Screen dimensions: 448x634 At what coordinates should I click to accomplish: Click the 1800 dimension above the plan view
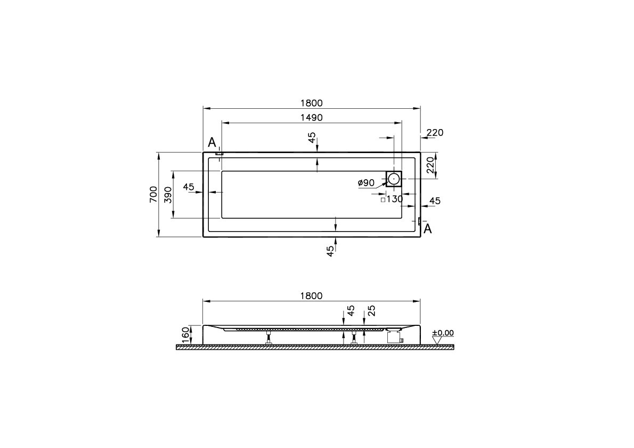312,103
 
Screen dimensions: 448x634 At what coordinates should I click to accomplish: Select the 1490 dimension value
312,117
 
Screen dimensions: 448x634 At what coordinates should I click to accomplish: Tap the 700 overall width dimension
153,194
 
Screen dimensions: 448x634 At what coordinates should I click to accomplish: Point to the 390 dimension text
167,194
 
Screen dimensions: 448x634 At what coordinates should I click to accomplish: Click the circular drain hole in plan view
394,178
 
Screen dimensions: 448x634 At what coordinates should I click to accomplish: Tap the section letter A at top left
212,142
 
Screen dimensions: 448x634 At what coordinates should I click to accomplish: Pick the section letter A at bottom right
427,229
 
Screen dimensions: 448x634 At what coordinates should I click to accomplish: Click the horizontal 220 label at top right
435,133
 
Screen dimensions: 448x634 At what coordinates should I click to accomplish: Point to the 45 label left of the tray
189,187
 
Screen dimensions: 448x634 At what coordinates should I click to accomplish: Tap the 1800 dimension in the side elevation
312,296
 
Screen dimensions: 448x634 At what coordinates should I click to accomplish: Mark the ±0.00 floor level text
443,333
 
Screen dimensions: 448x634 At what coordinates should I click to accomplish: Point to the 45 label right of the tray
435,201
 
